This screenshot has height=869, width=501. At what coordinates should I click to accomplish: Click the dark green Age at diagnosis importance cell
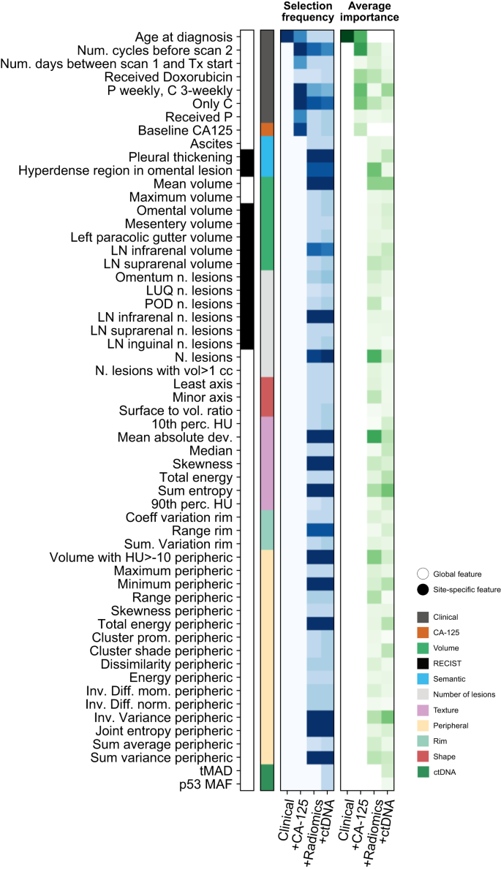(x=347, y=37)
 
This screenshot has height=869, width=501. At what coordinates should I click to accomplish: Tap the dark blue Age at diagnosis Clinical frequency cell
(x=287, y=37)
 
